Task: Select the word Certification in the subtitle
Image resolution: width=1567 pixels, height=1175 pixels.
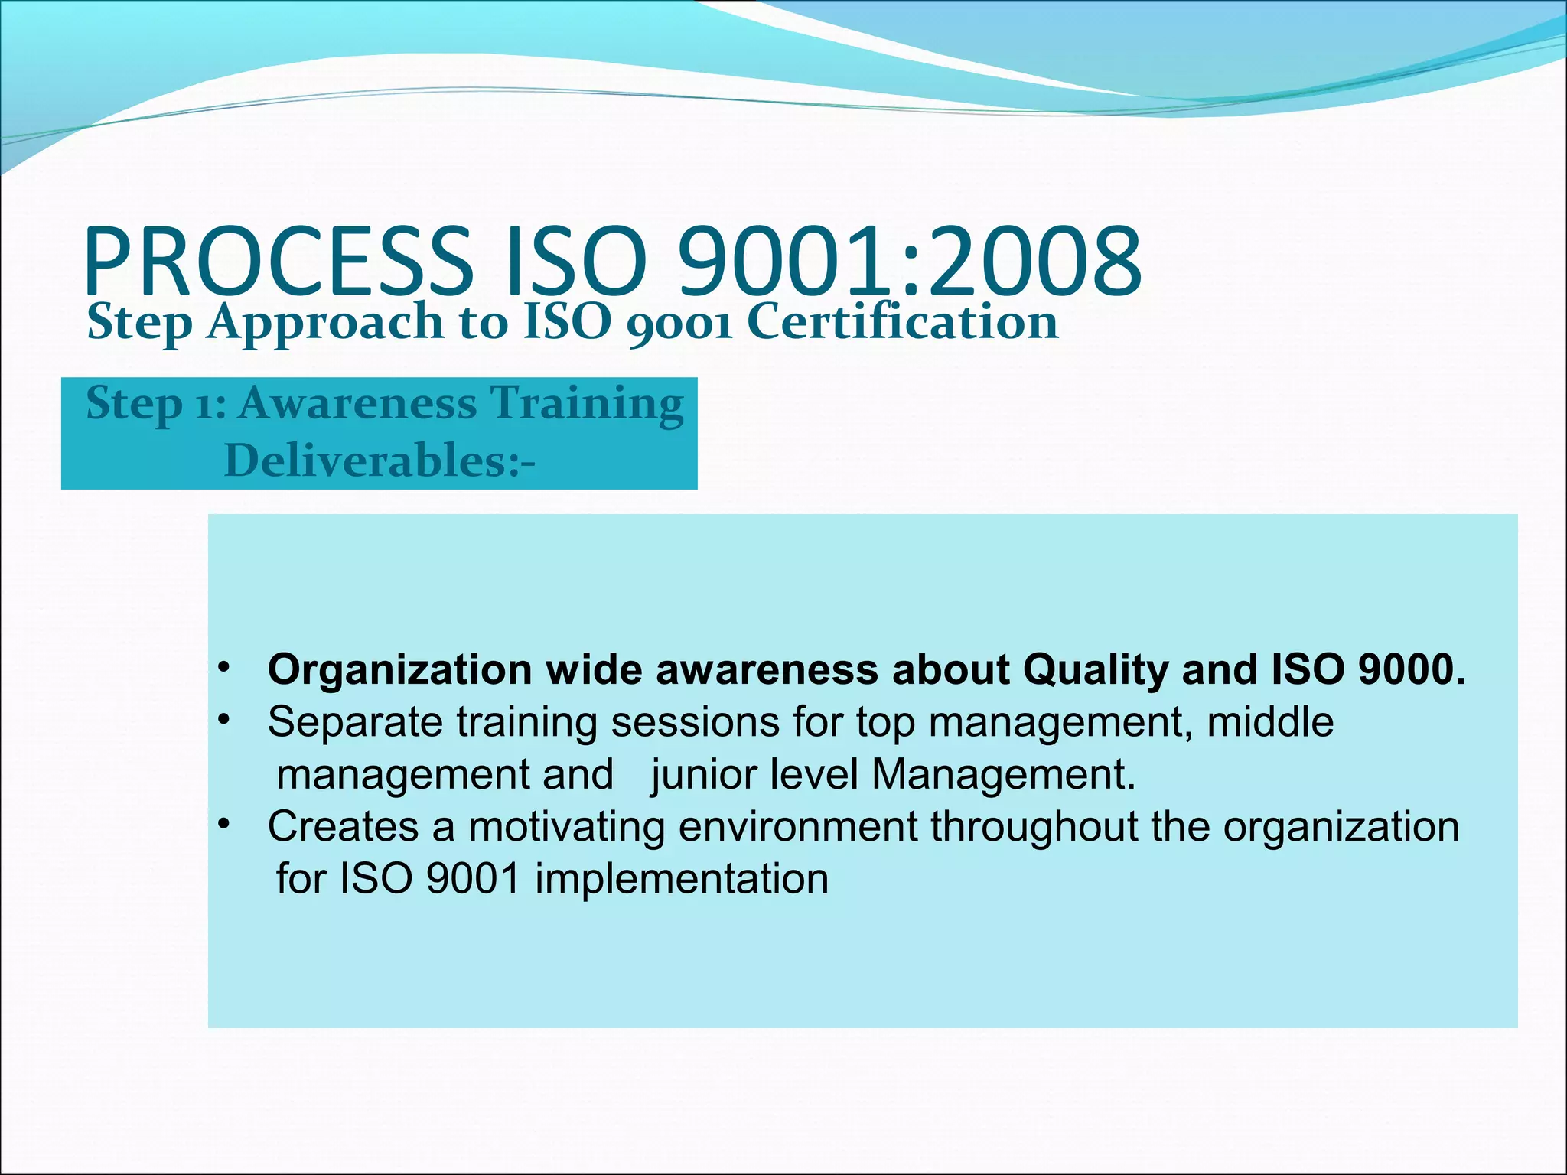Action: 902,322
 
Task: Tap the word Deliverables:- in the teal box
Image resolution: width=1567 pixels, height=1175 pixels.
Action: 380,461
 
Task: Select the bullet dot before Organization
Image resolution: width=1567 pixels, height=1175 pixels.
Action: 223,668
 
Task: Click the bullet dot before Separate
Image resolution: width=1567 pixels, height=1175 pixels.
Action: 223,720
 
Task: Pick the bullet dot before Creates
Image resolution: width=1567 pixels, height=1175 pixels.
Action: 223,825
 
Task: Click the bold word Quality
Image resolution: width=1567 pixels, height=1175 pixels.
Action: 1096,671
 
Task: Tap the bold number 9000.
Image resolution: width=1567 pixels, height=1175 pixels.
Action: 1411,669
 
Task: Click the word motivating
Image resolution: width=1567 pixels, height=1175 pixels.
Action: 566,828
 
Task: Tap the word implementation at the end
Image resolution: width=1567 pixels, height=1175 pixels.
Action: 681,879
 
